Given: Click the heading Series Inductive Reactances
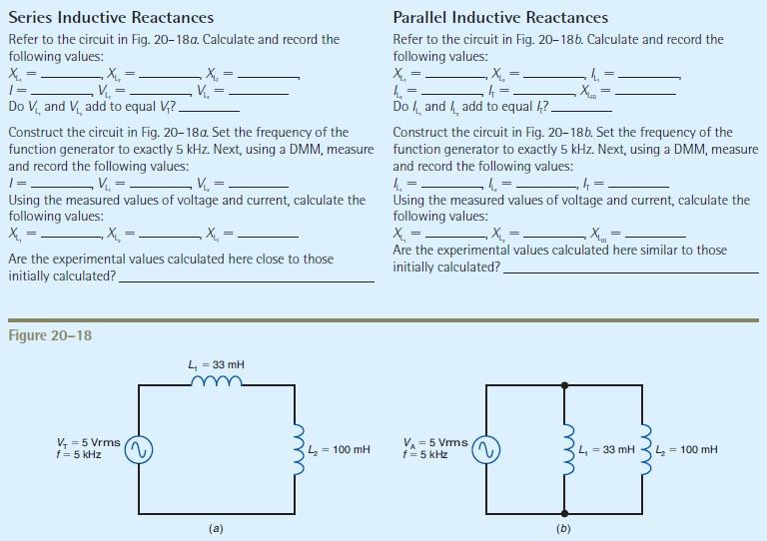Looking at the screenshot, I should point(110,18).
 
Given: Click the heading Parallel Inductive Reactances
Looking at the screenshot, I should point(500,18).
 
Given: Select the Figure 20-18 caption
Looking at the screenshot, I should point(49,335).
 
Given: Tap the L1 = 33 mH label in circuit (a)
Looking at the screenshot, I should point(216,364).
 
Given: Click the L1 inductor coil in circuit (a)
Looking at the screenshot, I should point(216,380).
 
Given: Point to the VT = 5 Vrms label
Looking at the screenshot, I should point(89,443).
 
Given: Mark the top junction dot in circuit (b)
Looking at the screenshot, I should point(566,384).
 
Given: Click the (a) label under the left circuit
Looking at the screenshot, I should point(216,528).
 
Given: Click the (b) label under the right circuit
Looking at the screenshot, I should point(564,528).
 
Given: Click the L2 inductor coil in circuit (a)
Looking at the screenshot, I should point(295,449).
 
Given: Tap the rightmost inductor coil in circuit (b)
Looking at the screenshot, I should point(645,449).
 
